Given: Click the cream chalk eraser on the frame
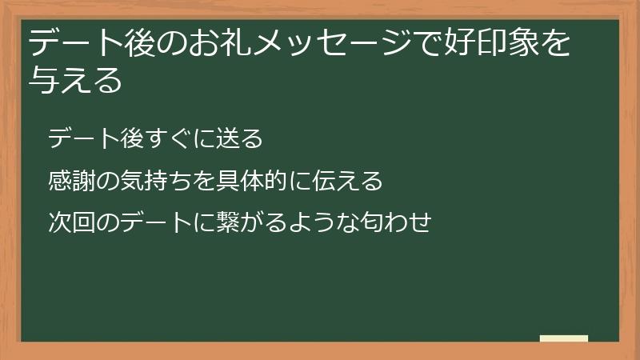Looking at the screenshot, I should pyautogui.click(x=564, y=338).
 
